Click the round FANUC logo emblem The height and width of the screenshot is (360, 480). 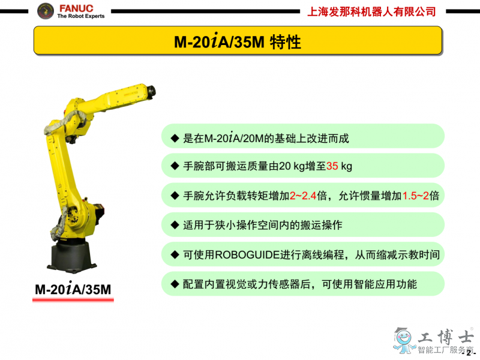46,11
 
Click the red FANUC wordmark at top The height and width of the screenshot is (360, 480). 76,8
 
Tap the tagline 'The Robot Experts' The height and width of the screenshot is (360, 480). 81,16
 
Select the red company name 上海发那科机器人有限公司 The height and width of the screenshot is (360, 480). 371,11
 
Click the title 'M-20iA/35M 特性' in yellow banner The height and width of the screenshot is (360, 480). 237,41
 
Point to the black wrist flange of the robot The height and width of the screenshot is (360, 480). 151,92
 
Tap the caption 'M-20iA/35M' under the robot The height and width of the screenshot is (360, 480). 73,289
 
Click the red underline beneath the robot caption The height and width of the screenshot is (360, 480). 73,300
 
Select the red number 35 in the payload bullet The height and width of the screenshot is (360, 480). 332,166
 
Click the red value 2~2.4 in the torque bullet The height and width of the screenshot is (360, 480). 303,196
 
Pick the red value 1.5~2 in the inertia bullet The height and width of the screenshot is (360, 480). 415,196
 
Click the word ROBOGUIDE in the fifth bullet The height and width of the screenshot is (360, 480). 248,254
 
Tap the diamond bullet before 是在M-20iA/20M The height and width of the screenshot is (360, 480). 175,138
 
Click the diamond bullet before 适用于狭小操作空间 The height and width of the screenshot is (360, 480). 175,225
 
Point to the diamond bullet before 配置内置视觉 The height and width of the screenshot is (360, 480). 175,284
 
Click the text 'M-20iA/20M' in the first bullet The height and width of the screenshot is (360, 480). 234,138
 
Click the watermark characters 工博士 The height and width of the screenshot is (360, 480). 445,337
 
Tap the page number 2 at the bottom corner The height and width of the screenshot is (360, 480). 469,353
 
